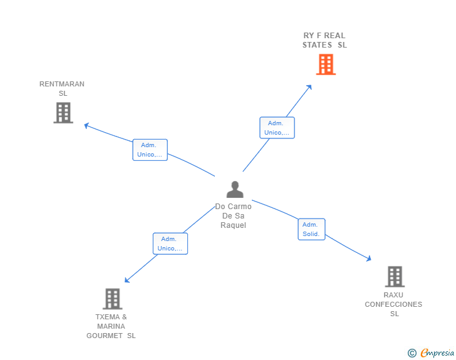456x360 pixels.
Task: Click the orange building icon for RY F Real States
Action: (326, 64)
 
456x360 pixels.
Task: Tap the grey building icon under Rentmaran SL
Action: (63, 113)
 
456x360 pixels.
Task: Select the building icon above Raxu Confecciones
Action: (394, 276)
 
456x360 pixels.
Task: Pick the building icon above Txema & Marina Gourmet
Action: (111, 299)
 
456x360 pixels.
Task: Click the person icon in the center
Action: (234, 189)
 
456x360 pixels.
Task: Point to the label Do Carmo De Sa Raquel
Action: (233, 216)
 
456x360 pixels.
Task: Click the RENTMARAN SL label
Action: (62, 88)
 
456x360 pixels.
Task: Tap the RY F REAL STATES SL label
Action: (324, 40)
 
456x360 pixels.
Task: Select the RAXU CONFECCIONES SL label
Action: (393, 304)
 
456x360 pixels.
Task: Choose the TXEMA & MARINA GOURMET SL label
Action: (111, 326)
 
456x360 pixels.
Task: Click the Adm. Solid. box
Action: (311, 229)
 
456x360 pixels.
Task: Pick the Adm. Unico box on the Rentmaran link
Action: (150, 150)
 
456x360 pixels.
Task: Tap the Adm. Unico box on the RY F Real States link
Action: (277, 128)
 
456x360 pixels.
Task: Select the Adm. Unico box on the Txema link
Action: (170, 244)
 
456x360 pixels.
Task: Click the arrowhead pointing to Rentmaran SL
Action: (87, 125)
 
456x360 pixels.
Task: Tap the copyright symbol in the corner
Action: (412, 353)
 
